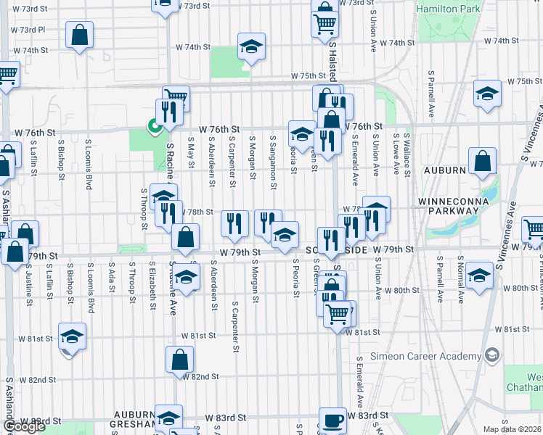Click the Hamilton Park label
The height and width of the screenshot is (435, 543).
449,9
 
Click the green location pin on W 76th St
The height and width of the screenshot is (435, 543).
154,127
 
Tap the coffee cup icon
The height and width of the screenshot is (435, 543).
332,420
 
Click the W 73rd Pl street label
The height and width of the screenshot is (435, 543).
28,30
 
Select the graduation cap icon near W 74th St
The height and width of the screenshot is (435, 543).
251,47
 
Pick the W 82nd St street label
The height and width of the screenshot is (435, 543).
200,377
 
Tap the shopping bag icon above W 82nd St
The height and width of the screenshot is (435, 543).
180,358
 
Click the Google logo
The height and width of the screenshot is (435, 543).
24,426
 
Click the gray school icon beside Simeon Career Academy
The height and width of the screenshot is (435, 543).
492,355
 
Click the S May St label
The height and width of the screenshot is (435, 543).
190,152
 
